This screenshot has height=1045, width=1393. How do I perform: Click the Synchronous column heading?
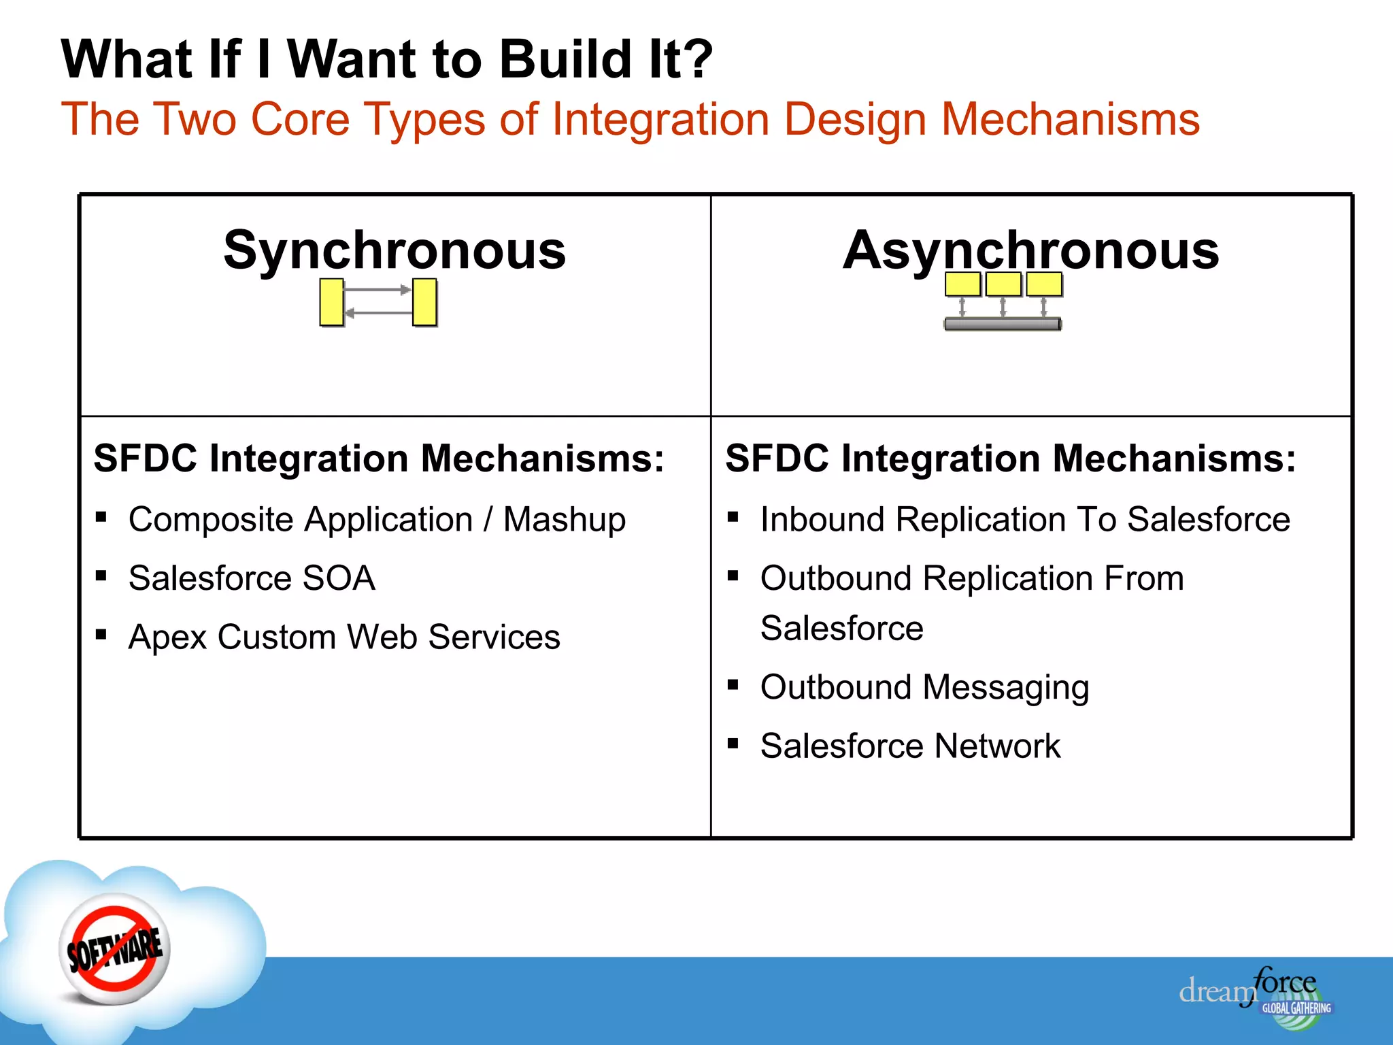click(395, 250)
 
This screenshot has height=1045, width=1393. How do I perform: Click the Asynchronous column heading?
click(1030, 250)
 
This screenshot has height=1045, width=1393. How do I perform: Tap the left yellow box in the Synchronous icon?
click(332, 302)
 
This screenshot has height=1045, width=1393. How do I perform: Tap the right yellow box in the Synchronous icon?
click(424, 302)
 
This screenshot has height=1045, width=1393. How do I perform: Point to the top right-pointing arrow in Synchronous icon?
click(377, 290)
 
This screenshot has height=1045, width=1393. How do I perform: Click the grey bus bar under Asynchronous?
click(1003, 325)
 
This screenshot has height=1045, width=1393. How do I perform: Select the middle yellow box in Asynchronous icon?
click(1003, 284)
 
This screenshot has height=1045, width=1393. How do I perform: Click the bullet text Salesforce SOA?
click(252, 578)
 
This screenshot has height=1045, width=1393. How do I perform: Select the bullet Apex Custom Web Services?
click(344, 637)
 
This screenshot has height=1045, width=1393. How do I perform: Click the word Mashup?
click(564, 520)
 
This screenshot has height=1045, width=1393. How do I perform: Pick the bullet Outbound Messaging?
click(924, 687)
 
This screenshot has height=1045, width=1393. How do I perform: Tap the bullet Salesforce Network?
click(910, 746)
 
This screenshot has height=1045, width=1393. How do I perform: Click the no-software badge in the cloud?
click(115, 948)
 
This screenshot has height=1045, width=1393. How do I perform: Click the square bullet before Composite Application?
click(101, 517)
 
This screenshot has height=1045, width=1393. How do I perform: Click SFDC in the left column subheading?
click(146, 459)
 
